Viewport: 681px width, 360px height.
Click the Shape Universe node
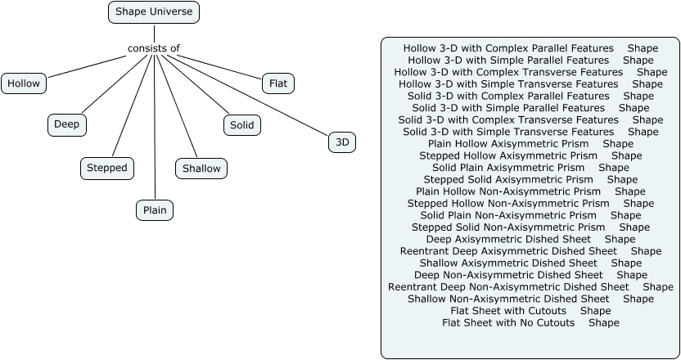[x=154, y=12]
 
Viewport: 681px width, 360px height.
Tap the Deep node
[x=67, y=124]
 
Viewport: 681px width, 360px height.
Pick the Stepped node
[x=107, y=168]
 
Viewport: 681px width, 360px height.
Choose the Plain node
[x=155, y=210]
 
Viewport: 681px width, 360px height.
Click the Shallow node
[x=201, y=169]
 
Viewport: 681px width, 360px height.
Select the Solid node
[x=241, y=125]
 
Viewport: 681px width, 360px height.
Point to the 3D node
[x=342, y=142]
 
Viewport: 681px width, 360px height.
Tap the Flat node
[x=277, y=83]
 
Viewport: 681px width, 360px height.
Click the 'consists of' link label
[x=153, y=48]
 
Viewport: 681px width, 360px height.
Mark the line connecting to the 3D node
[x=254, y=96]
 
